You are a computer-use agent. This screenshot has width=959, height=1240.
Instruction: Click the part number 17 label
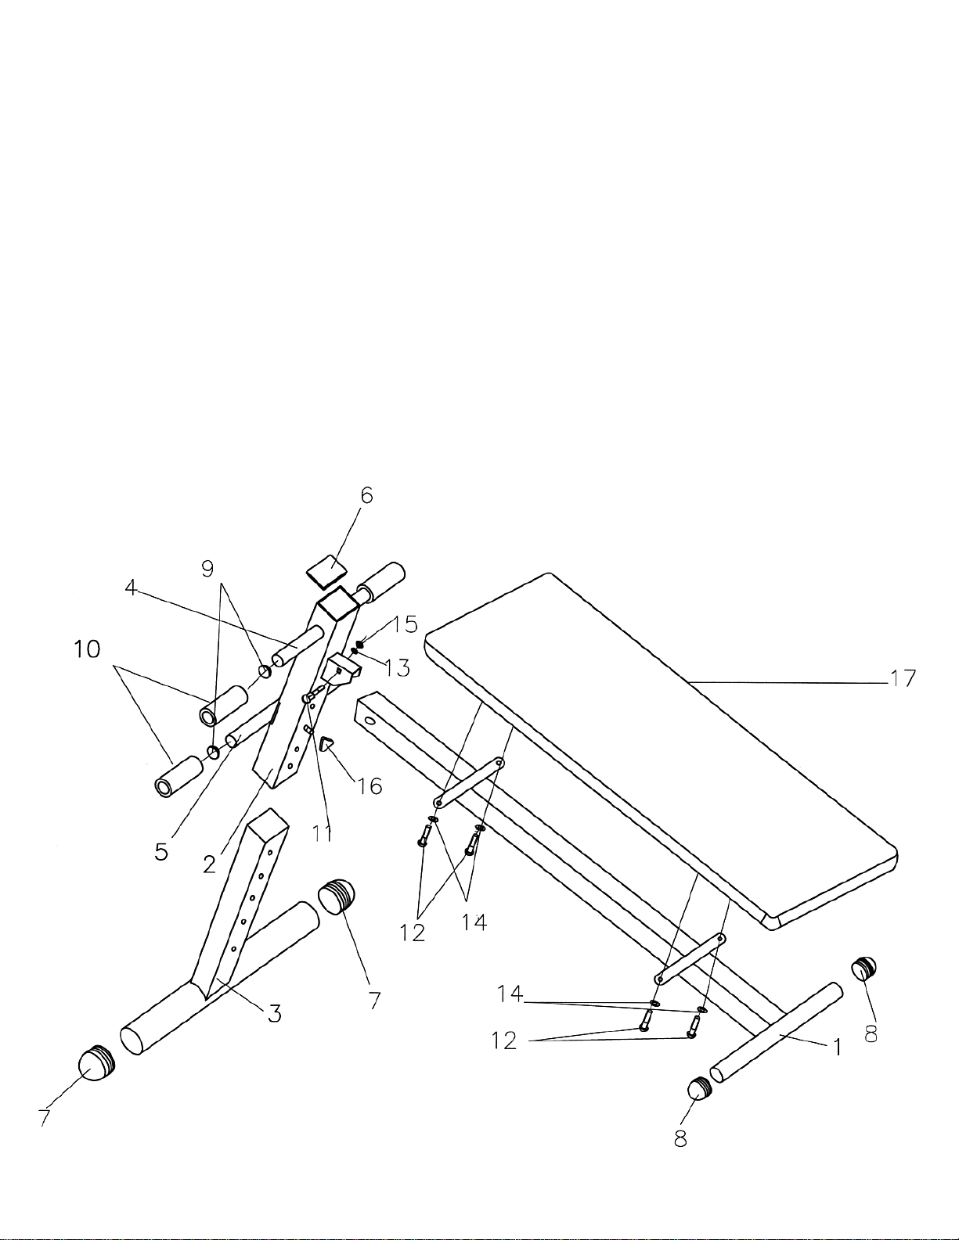(x=903, y=678)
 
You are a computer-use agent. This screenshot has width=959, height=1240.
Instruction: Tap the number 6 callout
(x=366, y=495)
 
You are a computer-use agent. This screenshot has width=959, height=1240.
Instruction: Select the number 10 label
(x=88, y=649)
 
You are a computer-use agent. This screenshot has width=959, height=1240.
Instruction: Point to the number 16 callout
(x=370, y=785)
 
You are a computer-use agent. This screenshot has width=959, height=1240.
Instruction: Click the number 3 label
(x=275, y=1014)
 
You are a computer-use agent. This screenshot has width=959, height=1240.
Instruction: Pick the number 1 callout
(x=837, y=1047)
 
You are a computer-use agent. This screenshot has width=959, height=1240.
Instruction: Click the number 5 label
(x=161, y=851)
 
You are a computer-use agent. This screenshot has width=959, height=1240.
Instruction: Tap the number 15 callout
(x=406, y=624)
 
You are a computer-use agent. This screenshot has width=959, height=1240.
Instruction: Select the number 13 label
(x=398, y=668)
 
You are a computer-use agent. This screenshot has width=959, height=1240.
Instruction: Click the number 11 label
(x=323, y=834)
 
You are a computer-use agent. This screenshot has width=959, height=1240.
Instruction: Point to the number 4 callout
(x=132, y=587)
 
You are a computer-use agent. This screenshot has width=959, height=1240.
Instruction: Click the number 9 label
(x=207, y=569)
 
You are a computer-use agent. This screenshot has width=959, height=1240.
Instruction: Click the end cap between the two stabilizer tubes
(x=337, y=896)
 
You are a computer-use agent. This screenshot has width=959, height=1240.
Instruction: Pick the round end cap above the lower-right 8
(x=698, y=1088)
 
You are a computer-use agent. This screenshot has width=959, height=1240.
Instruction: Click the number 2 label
(x=209, y=864)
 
